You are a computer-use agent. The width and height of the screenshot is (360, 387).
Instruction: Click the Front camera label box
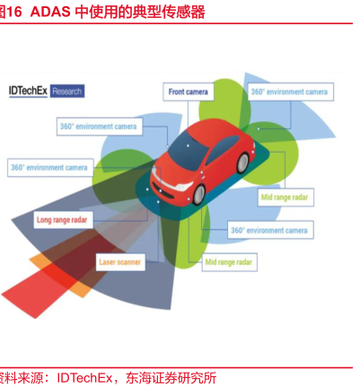click(x=189, y=92)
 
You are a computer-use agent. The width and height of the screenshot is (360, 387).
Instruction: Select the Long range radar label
click(x=63, y=220)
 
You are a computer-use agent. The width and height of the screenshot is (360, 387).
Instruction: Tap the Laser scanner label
click(x=120, y=262)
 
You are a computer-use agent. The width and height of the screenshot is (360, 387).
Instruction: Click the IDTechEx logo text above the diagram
click(x=28, y=91)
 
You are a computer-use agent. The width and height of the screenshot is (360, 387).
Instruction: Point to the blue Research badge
click(x=67, y=92)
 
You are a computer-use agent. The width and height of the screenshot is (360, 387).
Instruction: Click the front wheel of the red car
click(x=198, y=194)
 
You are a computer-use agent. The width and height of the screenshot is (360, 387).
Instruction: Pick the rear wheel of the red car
click(x=242, y=163)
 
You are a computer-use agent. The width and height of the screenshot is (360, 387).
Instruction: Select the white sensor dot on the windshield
click(x=188, y=145)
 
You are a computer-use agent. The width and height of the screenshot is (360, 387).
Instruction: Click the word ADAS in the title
click(x=50, y=13)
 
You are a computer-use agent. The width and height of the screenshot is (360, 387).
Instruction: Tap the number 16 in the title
click(x=14, y=13)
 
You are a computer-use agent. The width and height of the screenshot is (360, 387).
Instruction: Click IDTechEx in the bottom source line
click(x=84, y=378)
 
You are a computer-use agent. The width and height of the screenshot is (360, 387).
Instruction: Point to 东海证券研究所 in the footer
click(x=171, y=378)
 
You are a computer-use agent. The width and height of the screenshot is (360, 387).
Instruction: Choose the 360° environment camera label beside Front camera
click(x=290, y=92)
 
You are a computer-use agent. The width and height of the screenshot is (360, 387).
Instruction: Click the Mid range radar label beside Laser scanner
click(x=229, y=262)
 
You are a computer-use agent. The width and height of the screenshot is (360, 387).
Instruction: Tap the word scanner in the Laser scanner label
click(x=129, y=262)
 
